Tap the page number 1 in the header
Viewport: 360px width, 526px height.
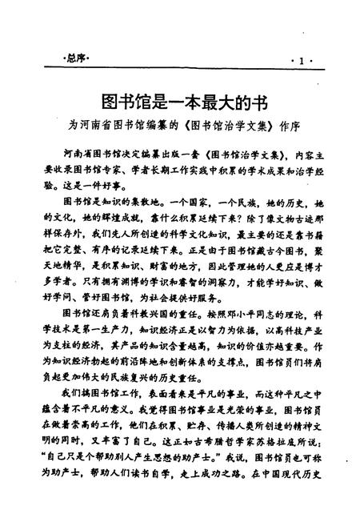pyautogui.click(x=300, y=61)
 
